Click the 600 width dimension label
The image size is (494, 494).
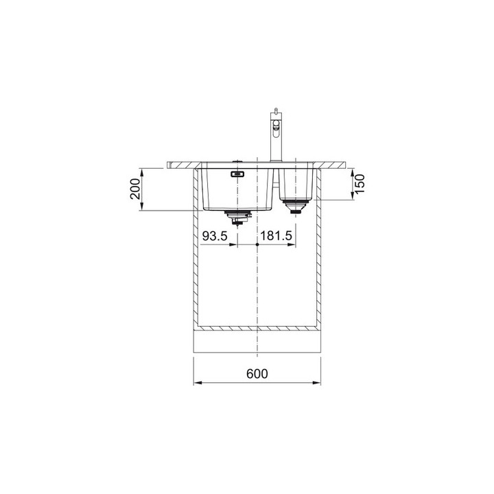(257, 374)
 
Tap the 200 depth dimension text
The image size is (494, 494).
(135, 189)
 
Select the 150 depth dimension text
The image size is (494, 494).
(359, 184)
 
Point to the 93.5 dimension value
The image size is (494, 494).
(215, 235)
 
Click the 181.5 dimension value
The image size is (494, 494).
(277, 235)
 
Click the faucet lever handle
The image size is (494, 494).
(277, 128)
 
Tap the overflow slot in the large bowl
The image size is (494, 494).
(237, 174)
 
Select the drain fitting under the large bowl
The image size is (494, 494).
(237, 217)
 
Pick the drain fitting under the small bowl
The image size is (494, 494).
(295, 207)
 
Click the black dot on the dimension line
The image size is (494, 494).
(257, 244)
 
